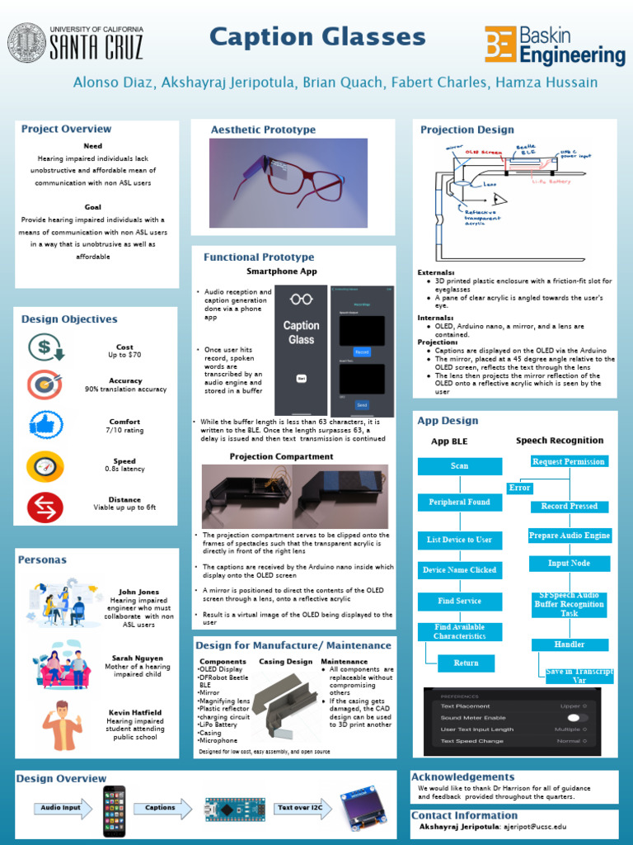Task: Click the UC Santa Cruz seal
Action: [x=27, y=42]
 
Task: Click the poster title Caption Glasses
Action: [x=317, y=37]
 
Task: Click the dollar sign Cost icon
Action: [x=45, y=348]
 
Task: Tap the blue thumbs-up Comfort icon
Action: [x=45, y=425]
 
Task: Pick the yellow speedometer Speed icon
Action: [x=45, y=466]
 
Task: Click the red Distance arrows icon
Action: [x=45, y=507]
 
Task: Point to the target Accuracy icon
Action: [x=45, y=385]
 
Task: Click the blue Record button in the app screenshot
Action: [x=362, y=352]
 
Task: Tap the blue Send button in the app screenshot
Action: [x=362, y=405]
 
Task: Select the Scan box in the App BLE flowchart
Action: [x=459, y=466]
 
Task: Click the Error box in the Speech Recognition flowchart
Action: [x=519, y=488]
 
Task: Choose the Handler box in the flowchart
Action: [x=570, y=644]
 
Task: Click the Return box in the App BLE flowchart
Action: [x=466, y=663]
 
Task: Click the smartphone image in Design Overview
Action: [x=114, y=809]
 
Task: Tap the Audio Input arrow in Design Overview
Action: [x=63, y=808]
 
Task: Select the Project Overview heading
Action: [x=66, y=129]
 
